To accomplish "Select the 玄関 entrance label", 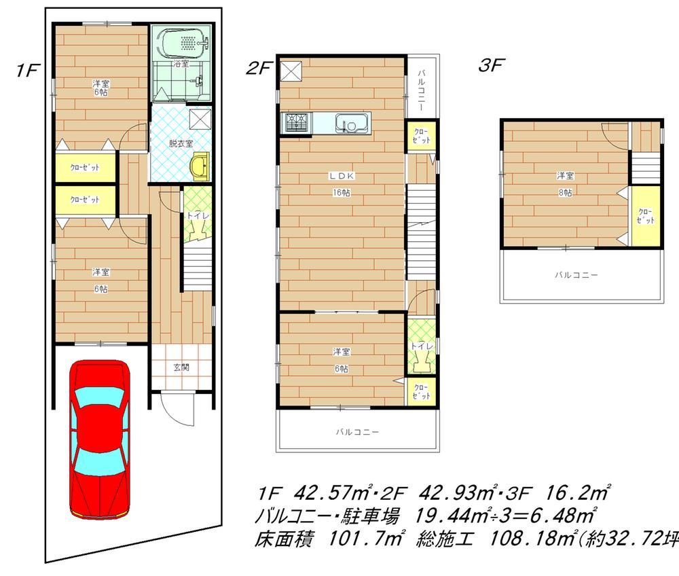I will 181,367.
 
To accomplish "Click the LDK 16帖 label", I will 340,183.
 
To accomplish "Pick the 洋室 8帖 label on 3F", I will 564,184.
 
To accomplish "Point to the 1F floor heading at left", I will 27,70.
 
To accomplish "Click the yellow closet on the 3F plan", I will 645,216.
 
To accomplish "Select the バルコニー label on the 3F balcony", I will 576,275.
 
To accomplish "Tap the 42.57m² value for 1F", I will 333,491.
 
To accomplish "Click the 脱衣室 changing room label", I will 181,143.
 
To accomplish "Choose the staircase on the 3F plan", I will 645,167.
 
